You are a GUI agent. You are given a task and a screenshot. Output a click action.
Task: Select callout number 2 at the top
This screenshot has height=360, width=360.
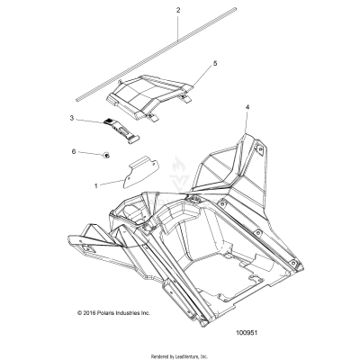pos(178,10)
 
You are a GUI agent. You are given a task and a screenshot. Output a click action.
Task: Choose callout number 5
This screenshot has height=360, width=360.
pos(214,65)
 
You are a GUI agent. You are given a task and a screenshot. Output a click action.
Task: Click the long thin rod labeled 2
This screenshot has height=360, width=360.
pos(135,64)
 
